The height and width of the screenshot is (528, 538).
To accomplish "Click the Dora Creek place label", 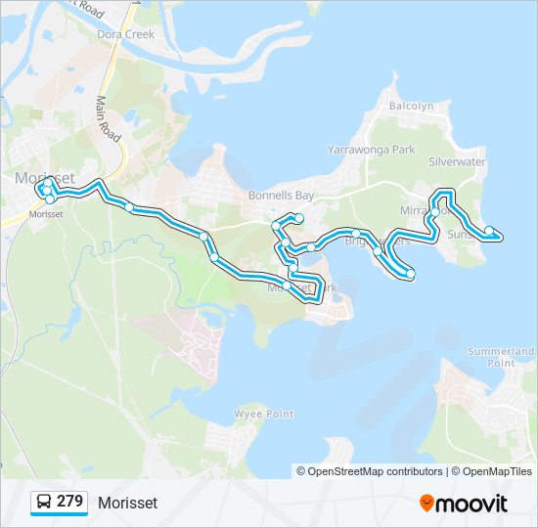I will pos(126,34).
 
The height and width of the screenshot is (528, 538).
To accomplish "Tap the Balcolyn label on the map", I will pos(411,106).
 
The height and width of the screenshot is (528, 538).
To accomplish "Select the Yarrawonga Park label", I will pos(371,150).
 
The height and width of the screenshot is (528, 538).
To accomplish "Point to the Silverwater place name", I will pos(457,162).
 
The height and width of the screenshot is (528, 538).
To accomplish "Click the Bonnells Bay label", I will pos(281,195).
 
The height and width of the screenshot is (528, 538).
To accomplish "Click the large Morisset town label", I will pos(45,177).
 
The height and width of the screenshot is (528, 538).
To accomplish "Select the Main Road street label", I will pos(108,118).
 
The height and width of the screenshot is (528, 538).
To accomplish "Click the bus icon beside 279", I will pos(44,502).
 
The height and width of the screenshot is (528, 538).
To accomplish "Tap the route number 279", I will pos(69,502).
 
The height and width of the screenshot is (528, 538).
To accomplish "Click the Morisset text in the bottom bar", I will pos(127,503).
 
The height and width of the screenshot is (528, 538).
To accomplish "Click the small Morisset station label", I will pos(46,214).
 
